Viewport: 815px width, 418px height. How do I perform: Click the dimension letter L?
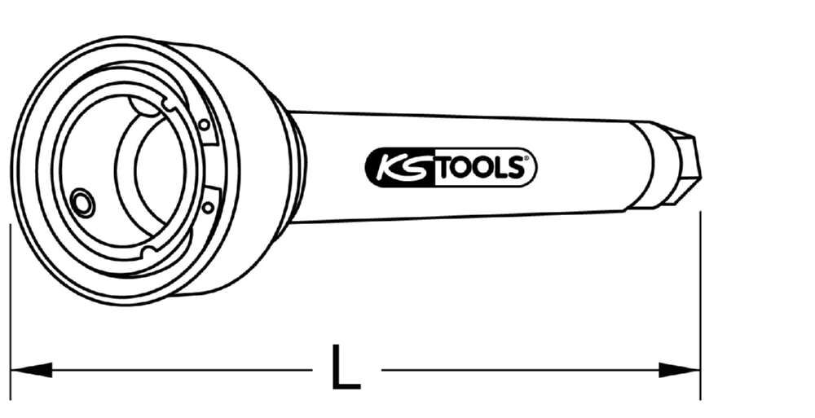pos(345,368)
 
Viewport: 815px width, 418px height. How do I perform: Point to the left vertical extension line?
pos(10,310)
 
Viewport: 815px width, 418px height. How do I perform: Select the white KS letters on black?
pos(400,168)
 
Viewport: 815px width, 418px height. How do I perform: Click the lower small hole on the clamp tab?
pos(208,207)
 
